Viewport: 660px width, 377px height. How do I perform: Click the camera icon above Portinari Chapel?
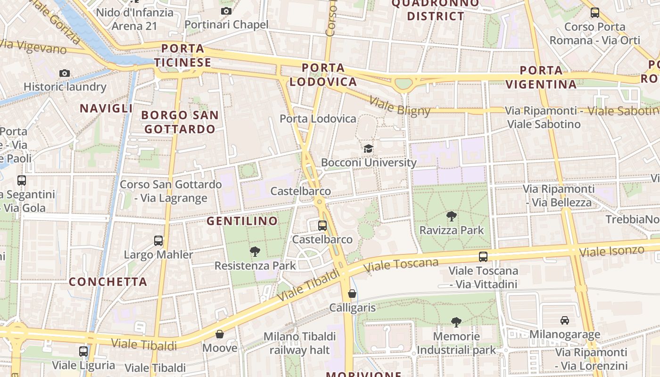point(226,11)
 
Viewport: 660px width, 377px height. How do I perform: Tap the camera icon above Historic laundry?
point(65,73)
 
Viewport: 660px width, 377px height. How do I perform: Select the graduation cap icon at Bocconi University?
point(368,149)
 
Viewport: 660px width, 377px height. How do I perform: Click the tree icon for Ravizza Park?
point(452,216)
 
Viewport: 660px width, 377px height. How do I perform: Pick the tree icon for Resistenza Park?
point(255,251)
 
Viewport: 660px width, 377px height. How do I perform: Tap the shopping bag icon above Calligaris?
point(352,294)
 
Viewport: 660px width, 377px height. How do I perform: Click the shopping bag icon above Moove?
point(220,334)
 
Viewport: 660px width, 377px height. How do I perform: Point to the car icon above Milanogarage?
point(564,320)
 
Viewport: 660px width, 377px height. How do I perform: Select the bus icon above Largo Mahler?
point(158,241)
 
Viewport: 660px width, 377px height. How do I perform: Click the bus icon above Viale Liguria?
point(83,351)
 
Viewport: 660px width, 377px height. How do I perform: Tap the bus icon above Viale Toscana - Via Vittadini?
point(483,257)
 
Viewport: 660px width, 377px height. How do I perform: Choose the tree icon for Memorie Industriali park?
point(456,322)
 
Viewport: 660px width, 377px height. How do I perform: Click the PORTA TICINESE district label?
point(182,56)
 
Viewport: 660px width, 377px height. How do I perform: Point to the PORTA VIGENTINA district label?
point(541,78)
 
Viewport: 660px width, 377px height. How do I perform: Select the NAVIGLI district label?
point(106,108)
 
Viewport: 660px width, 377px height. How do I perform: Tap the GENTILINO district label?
point(242,221)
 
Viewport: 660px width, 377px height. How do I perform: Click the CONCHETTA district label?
point(108,282)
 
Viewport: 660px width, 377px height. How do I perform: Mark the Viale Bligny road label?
point(400,106)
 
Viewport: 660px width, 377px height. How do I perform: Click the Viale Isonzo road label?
point(611,251)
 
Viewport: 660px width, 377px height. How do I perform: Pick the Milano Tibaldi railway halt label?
point(300,343)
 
